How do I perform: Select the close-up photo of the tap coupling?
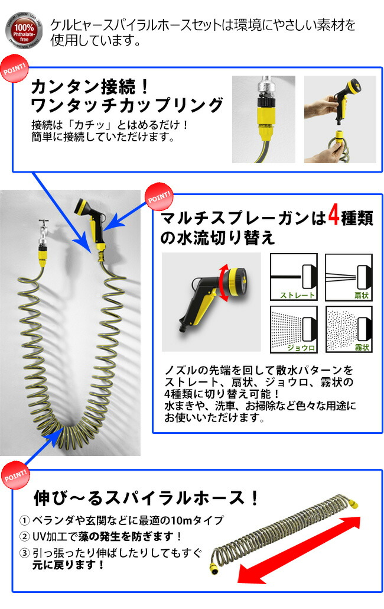tap(263, 119)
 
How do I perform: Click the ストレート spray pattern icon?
tap(294, 277)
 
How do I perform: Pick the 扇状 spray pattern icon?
tap(349, 277)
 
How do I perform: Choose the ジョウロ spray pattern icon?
tap(294, 329)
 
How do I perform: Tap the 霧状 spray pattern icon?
tap(349, 329)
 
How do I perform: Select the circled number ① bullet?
tap(24, 521)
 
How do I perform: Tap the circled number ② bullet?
tap(24, 537)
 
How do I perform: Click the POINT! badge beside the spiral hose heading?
tap(14, 476)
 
